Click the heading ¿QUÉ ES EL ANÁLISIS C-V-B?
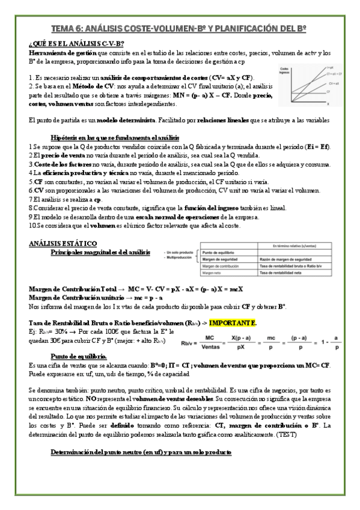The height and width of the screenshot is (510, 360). (x=76, y=44)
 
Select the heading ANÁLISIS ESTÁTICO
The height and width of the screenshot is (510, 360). (x=63, y=243)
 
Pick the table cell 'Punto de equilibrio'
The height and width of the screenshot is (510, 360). (x=217, y=253)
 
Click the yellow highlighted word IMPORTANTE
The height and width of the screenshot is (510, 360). (x=233, y=323)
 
